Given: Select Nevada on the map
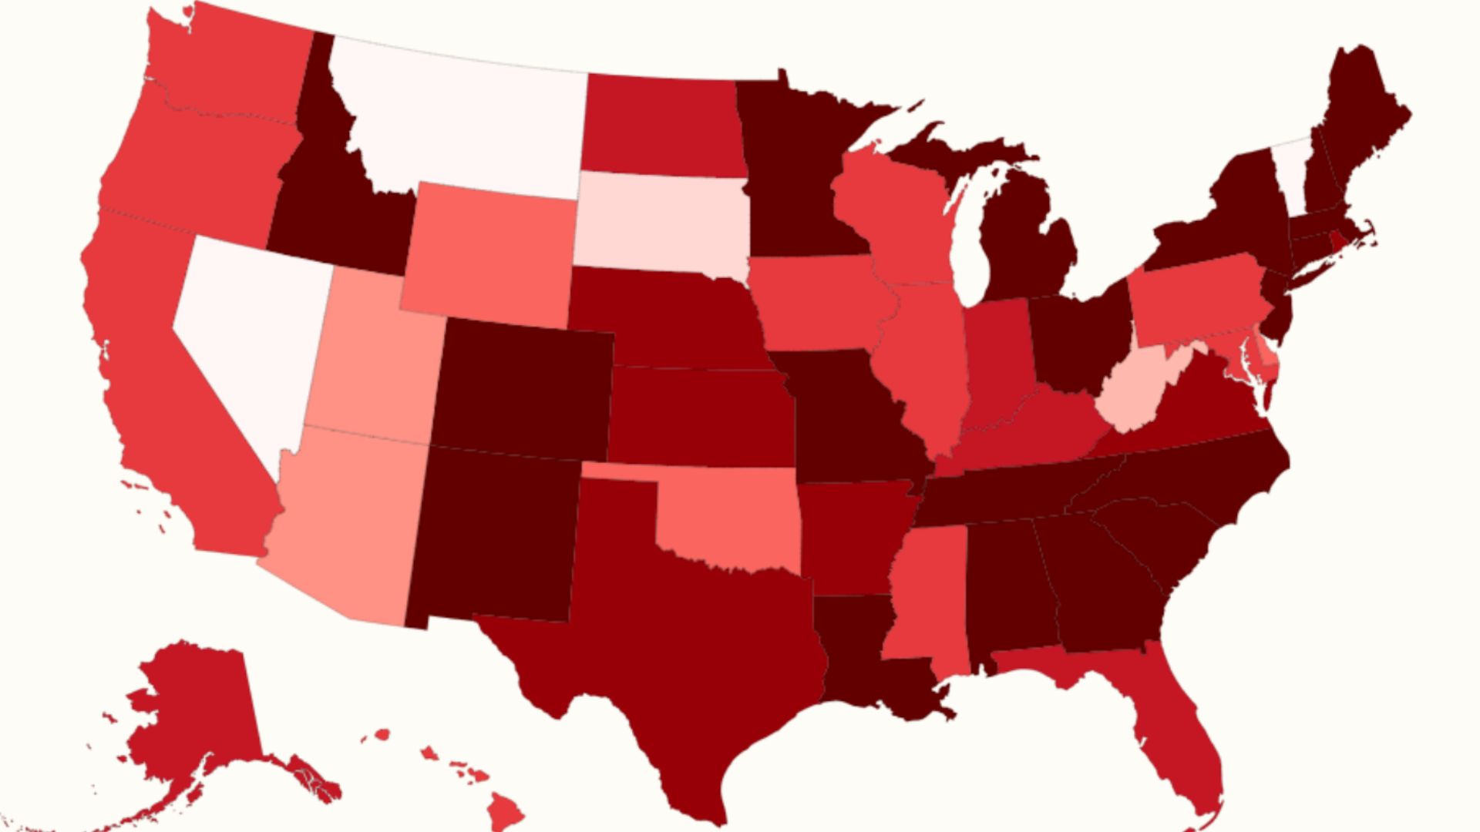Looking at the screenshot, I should pos(247,331).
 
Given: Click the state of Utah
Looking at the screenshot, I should pos(370,362).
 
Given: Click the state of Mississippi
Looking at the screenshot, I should pos(925,593).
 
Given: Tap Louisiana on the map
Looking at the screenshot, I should pos(856,655).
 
